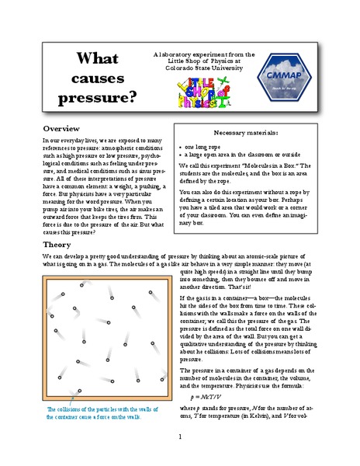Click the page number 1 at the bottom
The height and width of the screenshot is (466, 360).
click(x=180, y=437)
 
